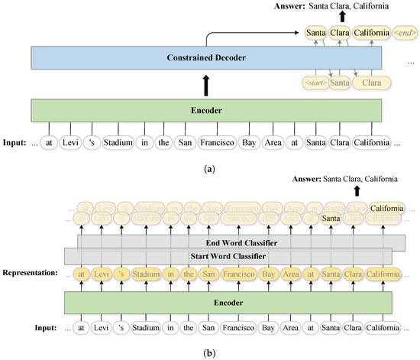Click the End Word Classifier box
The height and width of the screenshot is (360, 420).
240,242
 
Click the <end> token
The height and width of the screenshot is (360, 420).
404,34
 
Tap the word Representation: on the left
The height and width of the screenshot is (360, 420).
35,272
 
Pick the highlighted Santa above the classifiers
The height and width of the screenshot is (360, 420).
330,219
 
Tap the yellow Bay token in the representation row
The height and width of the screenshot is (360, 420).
267,272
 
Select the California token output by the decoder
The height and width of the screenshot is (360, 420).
370,34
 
